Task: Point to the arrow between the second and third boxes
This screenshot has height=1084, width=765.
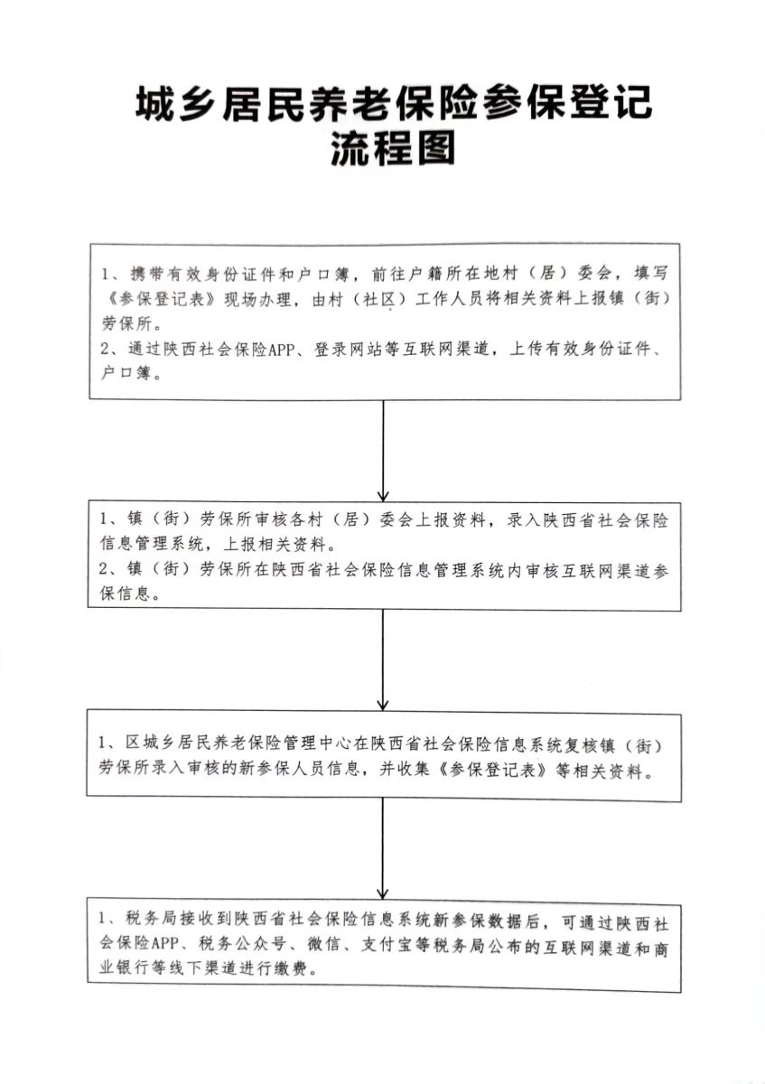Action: (x=383, y=659)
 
